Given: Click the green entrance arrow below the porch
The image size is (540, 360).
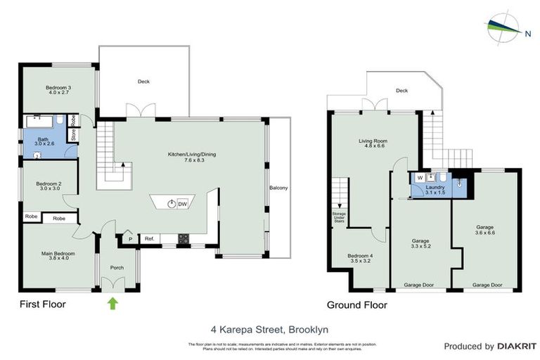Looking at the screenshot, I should coord(112,303).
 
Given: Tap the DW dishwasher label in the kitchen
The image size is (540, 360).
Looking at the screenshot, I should coord(182,204).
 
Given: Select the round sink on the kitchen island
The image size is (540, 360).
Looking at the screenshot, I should coord(171,204).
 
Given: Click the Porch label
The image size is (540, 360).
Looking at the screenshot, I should coord(117,267).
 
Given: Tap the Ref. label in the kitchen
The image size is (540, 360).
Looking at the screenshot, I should coord(149,239).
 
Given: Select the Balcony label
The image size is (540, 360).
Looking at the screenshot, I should coord(278,188).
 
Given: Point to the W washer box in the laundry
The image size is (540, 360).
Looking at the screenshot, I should coord(420,178).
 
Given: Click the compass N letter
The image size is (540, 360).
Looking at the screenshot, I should coord(527,31).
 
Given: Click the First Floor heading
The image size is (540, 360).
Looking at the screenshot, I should coord(43,304).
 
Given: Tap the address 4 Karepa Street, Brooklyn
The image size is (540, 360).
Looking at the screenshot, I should coord(269,329).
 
